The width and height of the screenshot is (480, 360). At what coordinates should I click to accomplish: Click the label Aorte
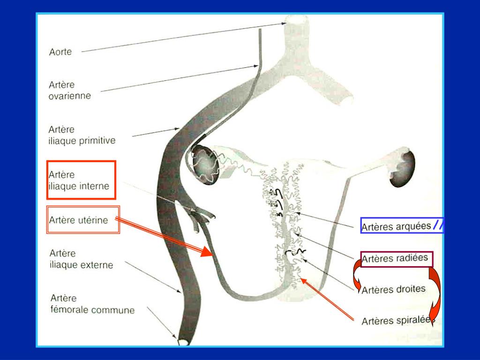[60, 52]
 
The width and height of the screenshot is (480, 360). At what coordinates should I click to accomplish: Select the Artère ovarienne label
[69, 90]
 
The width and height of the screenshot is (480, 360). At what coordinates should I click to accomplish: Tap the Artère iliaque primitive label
[82, 135]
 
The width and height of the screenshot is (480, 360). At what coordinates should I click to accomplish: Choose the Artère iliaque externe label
[81, 259]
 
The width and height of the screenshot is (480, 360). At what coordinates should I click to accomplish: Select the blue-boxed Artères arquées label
[396, 226]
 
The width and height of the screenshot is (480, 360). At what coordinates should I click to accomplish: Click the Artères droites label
[393, 289]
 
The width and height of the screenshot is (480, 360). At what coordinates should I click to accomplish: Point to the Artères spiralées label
[397, 321]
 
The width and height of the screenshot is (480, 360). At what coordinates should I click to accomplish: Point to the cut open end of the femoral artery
[183, 342]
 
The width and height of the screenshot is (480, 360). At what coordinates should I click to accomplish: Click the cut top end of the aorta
[297, 20]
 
